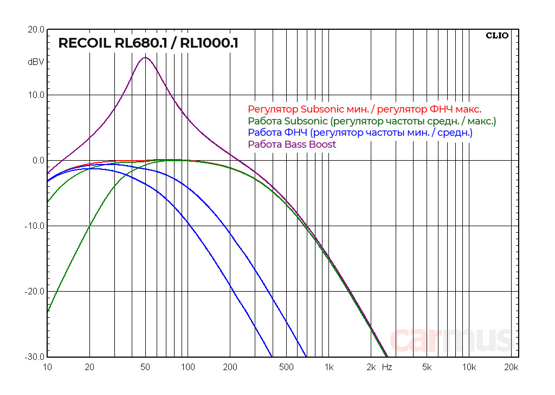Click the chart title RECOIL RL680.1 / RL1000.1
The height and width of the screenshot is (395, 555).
tap(148, 43)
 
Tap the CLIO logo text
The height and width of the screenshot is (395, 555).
tap(497, 36)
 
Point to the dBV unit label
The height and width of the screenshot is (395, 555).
tap(36, 62)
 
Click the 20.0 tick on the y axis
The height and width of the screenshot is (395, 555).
tap(36, 30)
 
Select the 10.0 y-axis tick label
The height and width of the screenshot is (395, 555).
tap(36, 95)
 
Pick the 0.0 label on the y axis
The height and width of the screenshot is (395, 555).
tap(38, 161)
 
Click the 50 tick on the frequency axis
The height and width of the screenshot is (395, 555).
tap(145, 367)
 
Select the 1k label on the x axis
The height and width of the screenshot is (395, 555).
tap(328, 367)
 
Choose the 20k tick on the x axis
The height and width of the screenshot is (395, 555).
tap(511, 367)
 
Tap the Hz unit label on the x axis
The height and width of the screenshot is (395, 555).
tap(387, 367)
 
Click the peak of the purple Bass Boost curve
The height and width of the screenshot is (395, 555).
tap(145, 57)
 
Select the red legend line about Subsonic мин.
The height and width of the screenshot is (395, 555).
tap(364, 109)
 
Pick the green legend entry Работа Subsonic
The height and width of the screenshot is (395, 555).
tap(372, 121)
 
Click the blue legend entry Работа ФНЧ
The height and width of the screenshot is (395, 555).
tap(360, 133)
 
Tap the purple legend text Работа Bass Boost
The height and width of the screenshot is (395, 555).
tap(292, 144)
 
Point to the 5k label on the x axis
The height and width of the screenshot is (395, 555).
tap(427, 367)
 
